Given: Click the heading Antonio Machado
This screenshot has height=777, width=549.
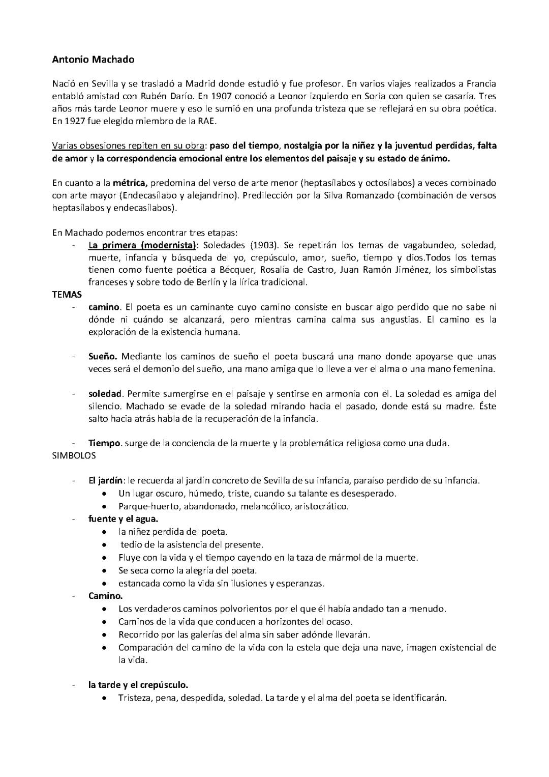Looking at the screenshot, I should click(93, 60).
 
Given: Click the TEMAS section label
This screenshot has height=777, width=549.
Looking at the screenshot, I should click(67, 294).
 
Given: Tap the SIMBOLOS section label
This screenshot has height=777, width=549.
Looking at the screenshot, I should click(74, 455).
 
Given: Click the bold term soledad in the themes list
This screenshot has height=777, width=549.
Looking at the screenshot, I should click(105, 393).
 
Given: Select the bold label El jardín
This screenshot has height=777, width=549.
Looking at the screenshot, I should click(106, 480).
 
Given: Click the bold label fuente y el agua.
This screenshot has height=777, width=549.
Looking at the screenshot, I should click(123, 519).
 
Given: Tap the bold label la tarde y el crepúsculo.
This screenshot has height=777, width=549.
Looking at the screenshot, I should click(138, 685).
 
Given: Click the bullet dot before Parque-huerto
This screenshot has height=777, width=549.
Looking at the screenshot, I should click(104, 507).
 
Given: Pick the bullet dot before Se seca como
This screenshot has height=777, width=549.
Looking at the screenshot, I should click(104, 570).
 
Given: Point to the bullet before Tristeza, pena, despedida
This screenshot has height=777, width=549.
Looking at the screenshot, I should click(104, 698).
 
